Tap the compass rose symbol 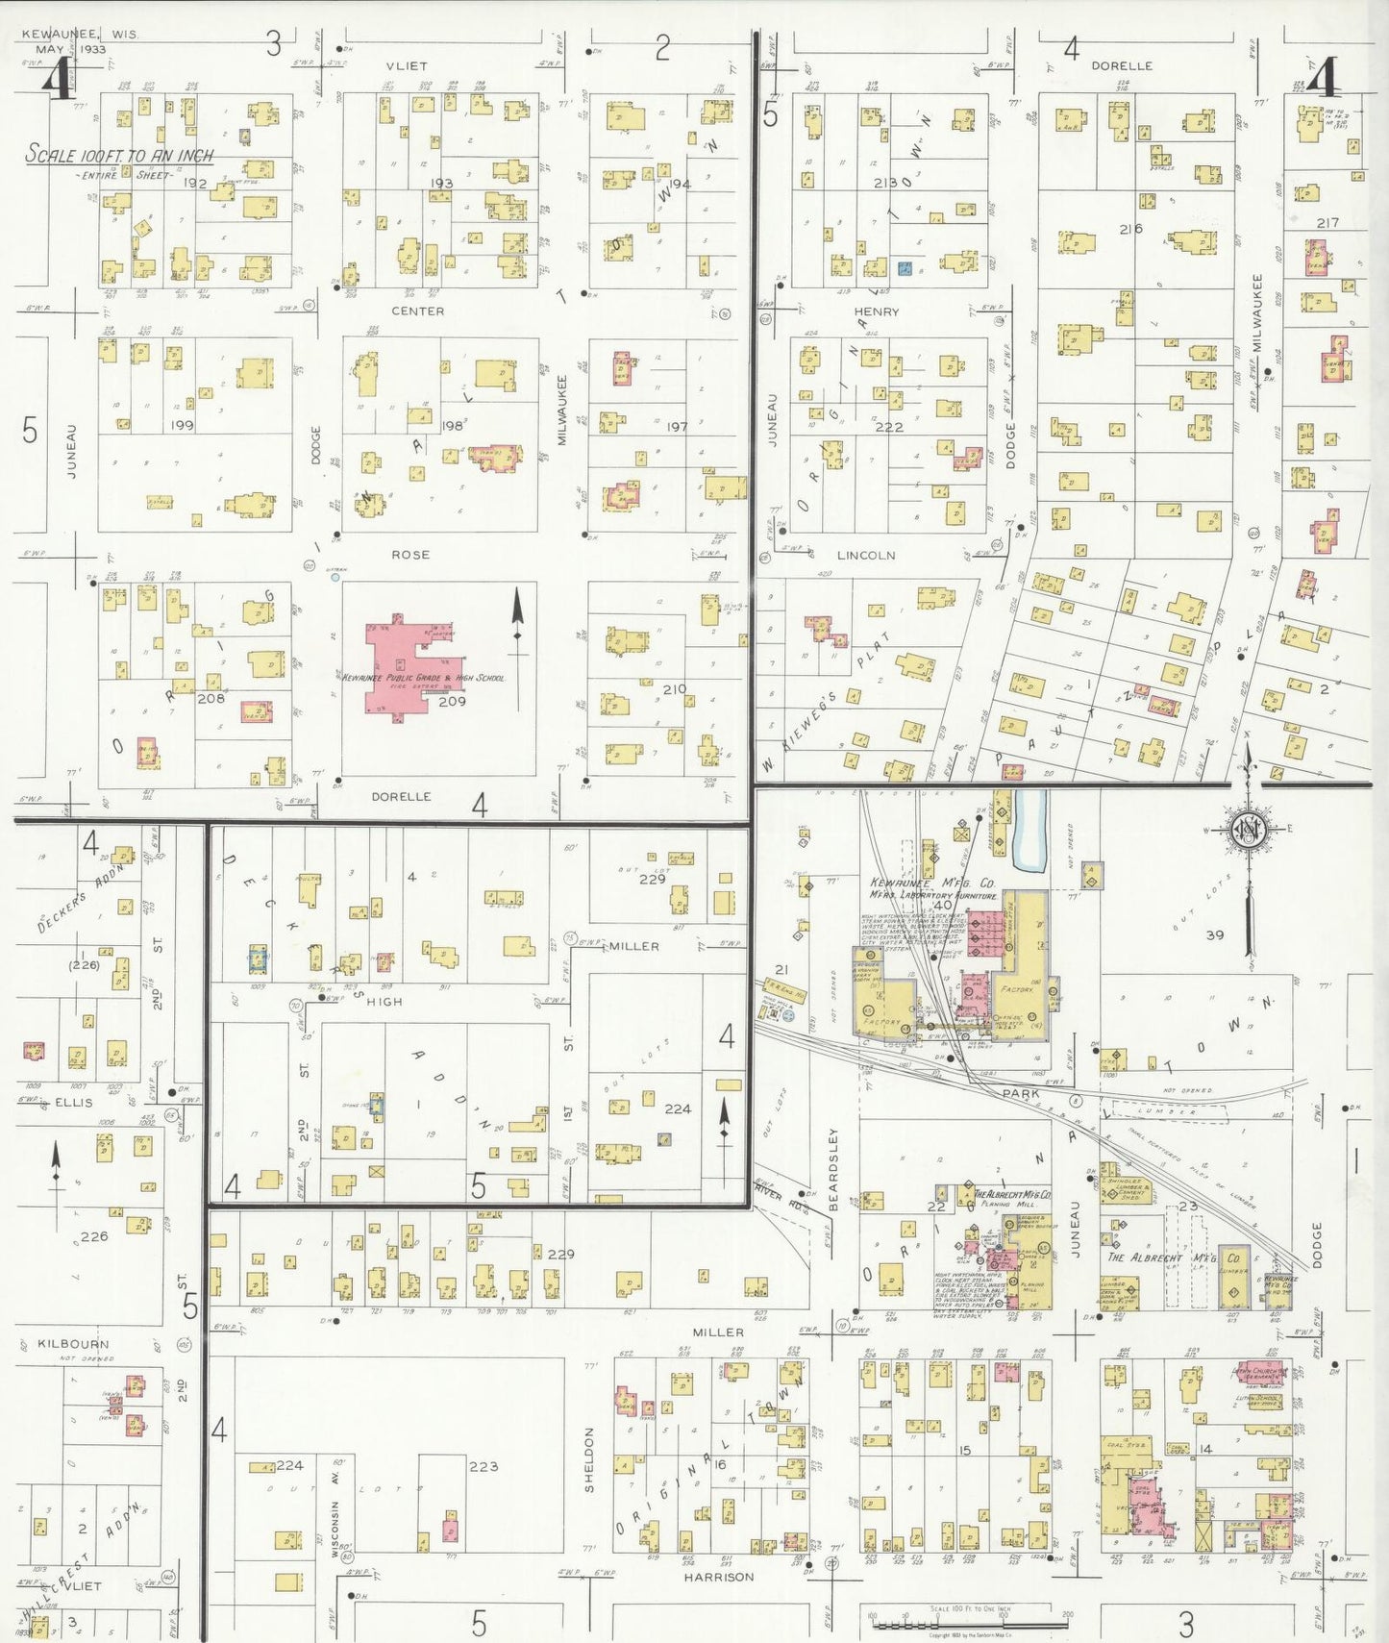tap(1249, 831)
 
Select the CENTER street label tap(417, 311)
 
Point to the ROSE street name tap(410, 555)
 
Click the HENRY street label tap(876, 311)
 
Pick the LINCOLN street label tap(865, 555)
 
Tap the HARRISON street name tap(719, 1577)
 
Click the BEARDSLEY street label tap(833, 1168)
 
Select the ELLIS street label tap(74, 1102)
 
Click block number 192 tap(196, 183)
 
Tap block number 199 tap(182, 425)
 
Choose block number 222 tap(889, 427)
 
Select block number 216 tap(1130, 229)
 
